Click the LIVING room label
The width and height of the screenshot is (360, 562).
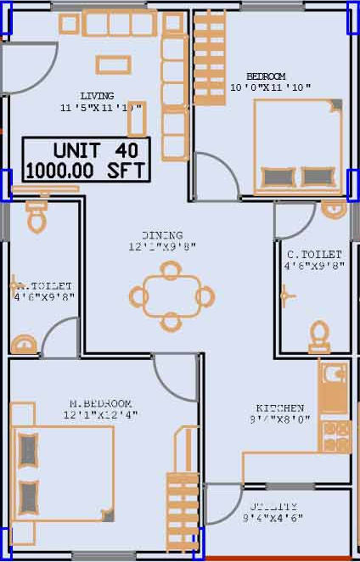pos(97,96)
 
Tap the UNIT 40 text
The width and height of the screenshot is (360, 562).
pos(87,149)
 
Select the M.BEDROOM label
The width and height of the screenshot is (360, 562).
pos(100,402)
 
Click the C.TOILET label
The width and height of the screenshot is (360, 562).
pos(313,254)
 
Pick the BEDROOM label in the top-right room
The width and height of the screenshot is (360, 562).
pos(265,76)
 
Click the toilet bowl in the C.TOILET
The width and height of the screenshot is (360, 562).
pos(318,335)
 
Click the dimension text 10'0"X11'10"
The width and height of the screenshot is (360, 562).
pos(270,87)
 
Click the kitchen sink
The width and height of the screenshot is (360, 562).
pos(334,379)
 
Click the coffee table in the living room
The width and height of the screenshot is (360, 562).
pos(112,65)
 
